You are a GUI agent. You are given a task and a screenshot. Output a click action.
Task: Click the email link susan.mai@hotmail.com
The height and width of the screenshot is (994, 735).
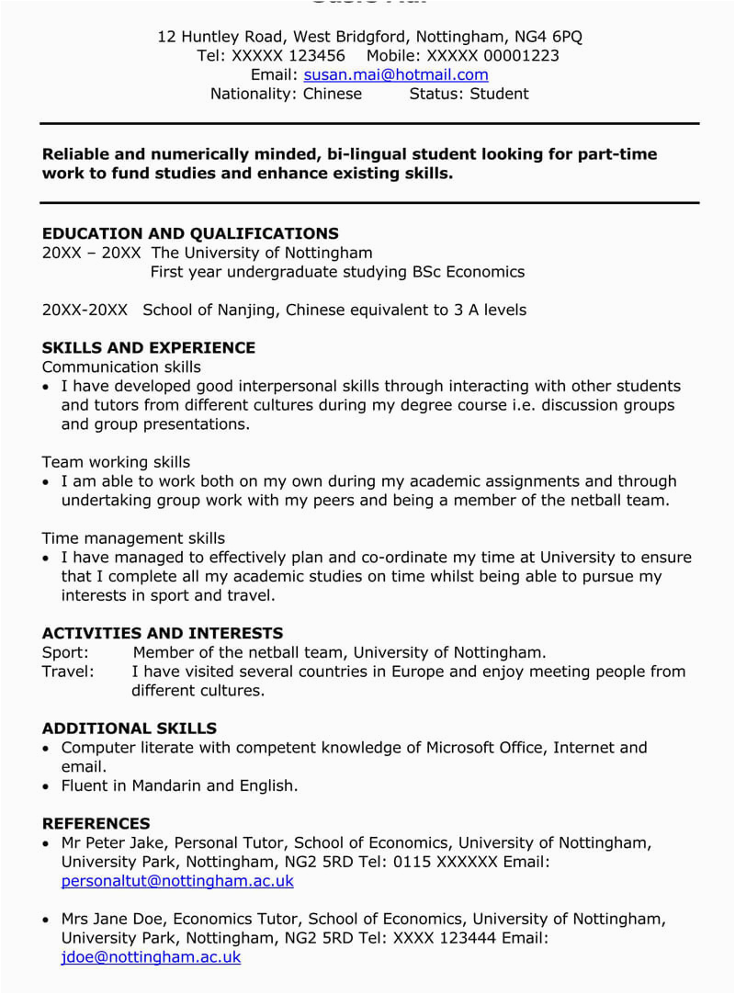[396, 74]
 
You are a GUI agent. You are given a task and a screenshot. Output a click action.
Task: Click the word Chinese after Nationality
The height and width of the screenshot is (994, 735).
[333, 94]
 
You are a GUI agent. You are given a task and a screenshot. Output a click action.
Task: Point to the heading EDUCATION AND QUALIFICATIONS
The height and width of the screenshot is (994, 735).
[190, 233]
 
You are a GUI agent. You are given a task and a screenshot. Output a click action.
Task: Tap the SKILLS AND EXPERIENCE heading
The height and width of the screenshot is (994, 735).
[149, 348]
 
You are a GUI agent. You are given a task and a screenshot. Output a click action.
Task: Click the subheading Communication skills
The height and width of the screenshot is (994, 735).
[121, 367]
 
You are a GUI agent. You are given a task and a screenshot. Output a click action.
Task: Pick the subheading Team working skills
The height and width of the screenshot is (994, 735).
[116, 462]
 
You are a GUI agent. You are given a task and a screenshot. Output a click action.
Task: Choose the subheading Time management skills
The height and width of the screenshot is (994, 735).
[133, 538]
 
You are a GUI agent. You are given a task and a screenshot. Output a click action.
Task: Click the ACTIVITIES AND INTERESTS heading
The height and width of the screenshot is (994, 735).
[163, 633]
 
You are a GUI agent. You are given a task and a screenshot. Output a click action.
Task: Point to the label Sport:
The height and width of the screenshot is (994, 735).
[65, 652]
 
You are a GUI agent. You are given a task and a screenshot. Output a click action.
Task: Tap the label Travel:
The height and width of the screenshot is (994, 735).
[68, 672]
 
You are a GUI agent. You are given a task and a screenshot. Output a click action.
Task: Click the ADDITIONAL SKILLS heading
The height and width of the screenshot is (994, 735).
[130, 729]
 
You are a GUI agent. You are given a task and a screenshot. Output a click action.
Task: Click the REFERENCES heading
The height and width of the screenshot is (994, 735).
[96, 824]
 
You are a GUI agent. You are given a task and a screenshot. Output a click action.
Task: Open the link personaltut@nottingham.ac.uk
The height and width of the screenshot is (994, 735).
[177, 881]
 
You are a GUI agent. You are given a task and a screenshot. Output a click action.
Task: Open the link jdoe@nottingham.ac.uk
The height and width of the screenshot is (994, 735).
[151, 957]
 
